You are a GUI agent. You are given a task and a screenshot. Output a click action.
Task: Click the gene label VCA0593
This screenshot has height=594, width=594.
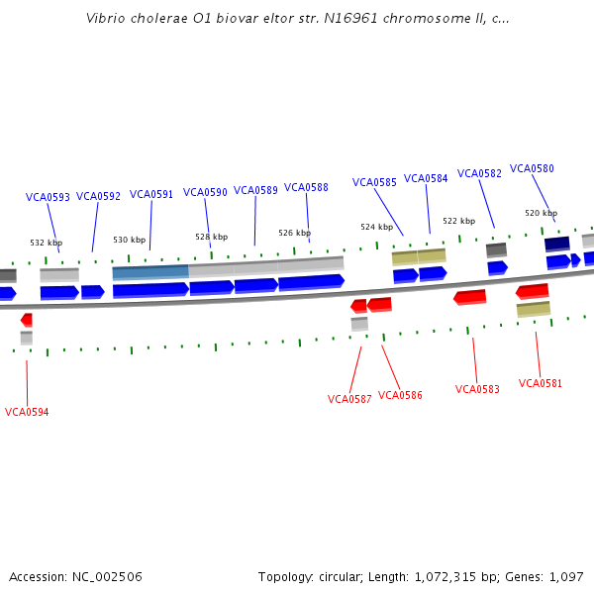pyautogui.click(x=48, y=197)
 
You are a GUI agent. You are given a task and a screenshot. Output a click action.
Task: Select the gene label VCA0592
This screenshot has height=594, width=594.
pyautogui.click(x=98, y=196)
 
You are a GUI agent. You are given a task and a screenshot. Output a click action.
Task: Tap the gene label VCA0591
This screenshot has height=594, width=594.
pyautogui.click(x=151, y=194)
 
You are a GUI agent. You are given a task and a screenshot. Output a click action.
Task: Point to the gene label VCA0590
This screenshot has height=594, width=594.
pyautogui.click(x=205, y=192)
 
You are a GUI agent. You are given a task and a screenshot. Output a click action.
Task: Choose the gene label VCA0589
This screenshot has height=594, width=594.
pyautogui.click(x=255, y=190)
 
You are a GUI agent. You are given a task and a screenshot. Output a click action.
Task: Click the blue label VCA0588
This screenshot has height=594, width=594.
pyautogui.click(x=306, y=187)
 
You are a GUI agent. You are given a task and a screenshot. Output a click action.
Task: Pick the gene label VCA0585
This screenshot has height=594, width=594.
pyautogui.click(x=374, y=182)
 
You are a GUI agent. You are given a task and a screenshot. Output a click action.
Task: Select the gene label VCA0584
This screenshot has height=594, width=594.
pyautogui.click(x=426, y=178)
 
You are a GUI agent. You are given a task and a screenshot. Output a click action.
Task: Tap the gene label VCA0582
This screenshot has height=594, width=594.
pyautogui.click(x=479, y=173)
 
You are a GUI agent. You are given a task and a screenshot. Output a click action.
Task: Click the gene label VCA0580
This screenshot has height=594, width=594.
pyautogui.click(x=532, y=168)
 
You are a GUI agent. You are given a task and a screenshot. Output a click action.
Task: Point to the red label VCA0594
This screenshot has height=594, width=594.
pyautogui.click(x=27, y=412)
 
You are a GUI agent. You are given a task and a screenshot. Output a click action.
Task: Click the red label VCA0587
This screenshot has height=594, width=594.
pyautogui.click(x=349, y=399)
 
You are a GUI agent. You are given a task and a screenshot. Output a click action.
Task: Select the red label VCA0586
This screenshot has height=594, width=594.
pyautogui.click(x=400, y=395)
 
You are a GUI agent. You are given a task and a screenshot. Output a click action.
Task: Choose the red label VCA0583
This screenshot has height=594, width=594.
pyautogui.click(x=477, y=389)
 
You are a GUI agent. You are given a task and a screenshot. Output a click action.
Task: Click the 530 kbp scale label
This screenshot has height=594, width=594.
pyautogui.click(x=129, y=240)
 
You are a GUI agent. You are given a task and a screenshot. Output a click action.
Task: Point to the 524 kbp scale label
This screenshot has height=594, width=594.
pyautogui.click(x=376, y=227)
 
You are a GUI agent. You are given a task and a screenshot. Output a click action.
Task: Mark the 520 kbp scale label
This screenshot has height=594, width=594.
pyautogui.click(x=541, y=213)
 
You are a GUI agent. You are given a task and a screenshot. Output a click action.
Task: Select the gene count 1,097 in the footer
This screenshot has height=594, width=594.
pyautogui.click(x=565, y=576)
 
